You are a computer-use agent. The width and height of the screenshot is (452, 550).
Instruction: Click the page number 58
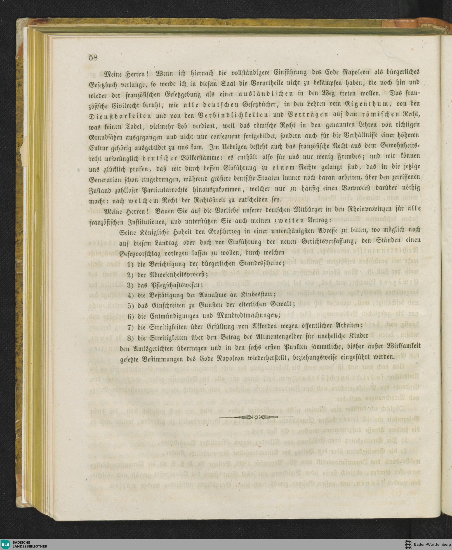93,57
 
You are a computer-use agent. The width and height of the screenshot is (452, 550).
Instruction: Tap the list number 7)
130,327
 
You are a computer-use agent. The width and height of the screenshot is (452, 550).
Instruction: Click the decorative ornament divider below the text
256,418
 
